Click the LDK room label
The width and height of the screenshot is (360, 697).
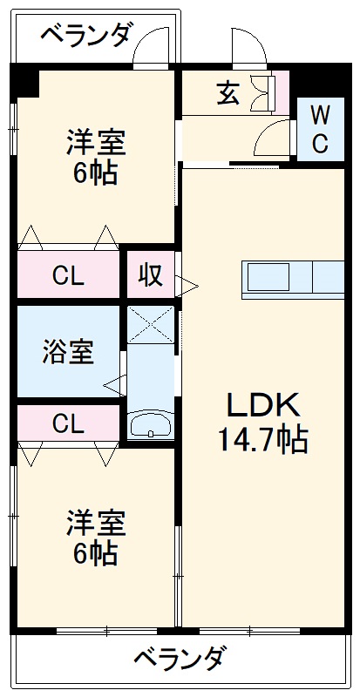[263, 404]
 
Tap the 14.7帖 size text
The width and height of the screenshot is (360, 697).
[263, 440]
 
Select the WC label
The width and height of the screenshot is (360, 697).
[320, 128]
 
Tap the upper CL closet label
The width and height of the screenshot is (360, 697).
[67, 277]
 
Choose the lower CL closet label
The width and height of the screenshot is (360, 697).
[67, 424]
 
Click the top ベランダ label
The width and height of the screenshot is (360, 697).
[86, 36]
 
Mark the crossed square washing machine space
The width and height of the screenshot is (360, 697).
[150, 326]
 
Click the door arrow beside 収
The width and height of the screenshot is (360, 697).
[187, 282]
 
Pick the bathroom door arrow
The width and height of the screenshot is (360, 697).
[112, 382]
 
